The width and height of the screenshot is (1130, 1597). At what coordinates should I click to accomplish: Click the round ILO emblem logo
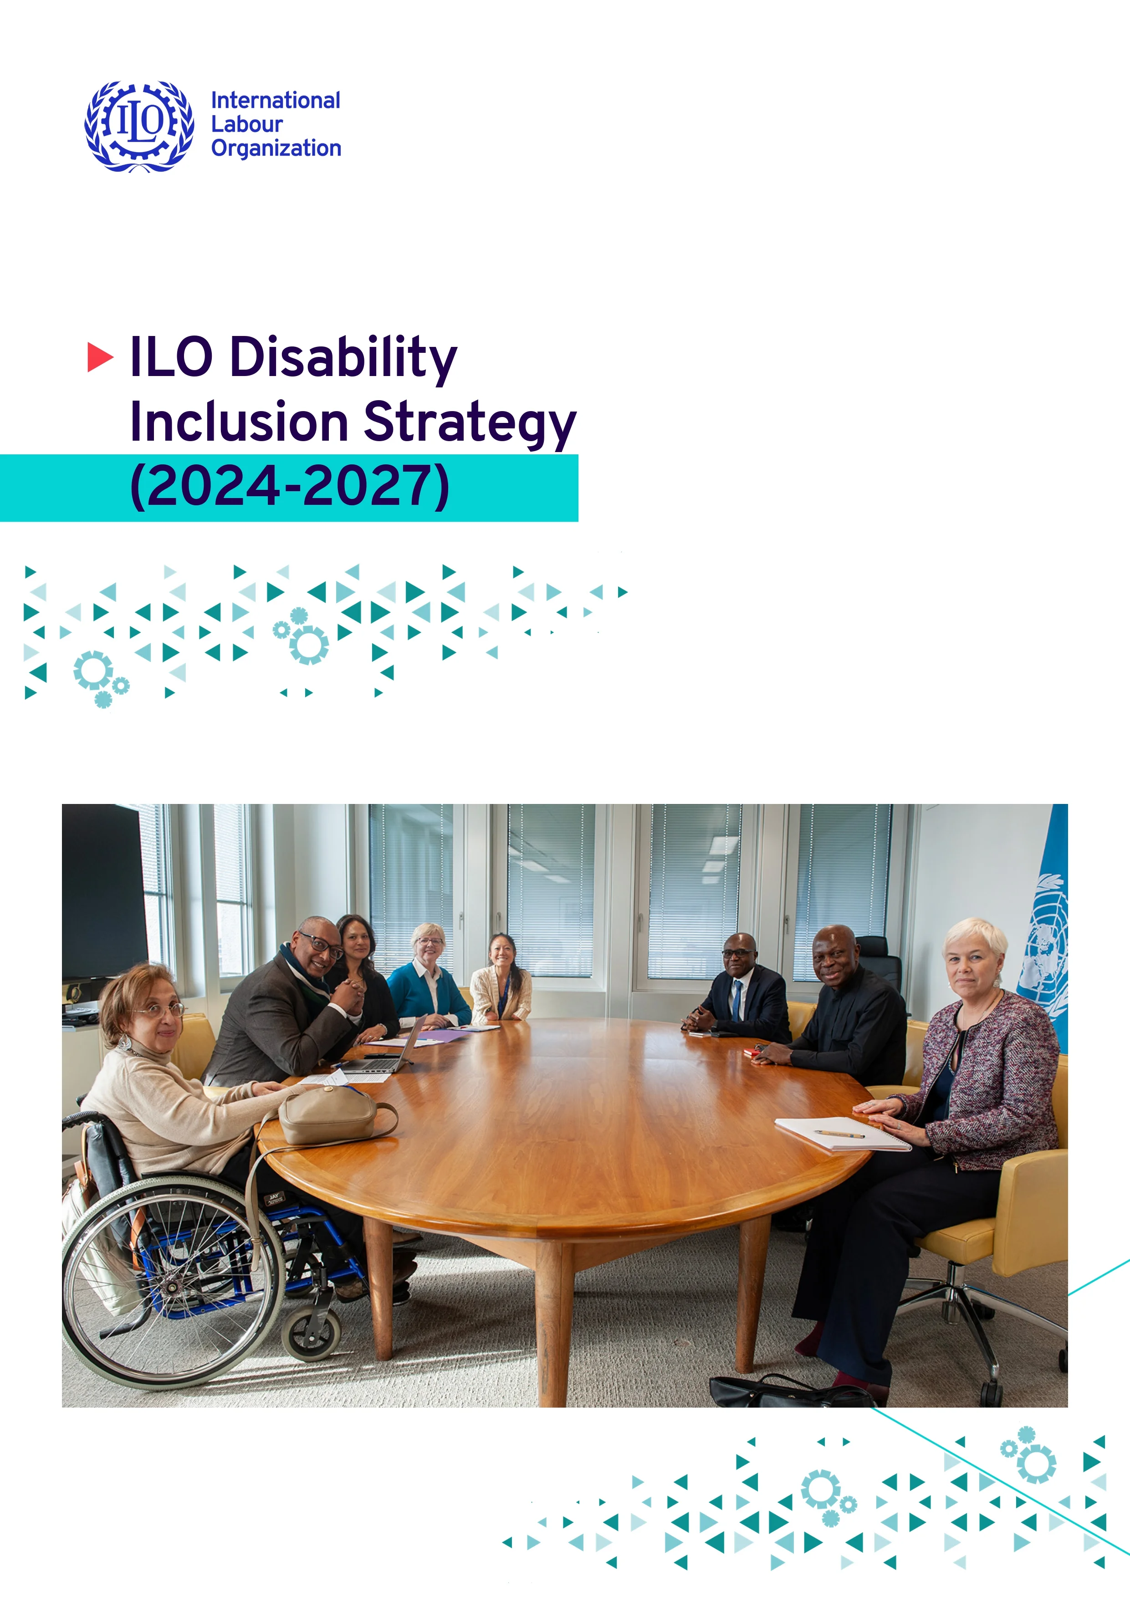(x=139, y=126)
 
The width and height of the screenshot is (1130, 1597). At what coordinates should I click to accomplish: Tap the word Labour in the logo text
(x=246, y=124)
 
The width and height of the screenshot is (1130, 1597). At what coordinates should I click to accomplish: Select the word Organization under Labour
(x=276, y=148)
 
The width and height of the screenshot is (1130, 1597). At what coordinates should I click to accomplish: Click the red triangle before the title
(x=99, y=357)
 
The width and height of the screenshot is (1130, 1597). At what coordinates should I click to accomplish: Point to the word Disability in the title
(x=343, y=357)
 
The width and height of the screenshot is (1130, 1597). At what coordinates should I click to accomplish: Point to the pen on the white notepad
(x=839, y=1134)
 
